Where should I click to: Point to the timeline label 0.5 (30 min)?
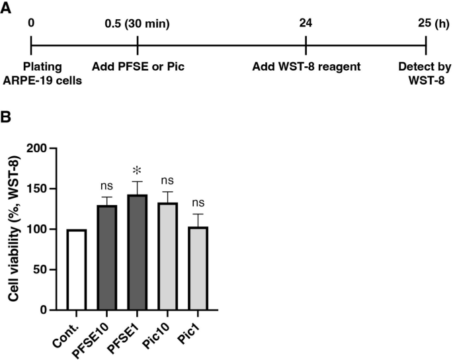tap(138, 24)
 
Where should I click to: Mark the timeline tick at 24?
tap(306, 46)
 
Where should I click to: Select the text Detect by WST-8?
tap(425, 72)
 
